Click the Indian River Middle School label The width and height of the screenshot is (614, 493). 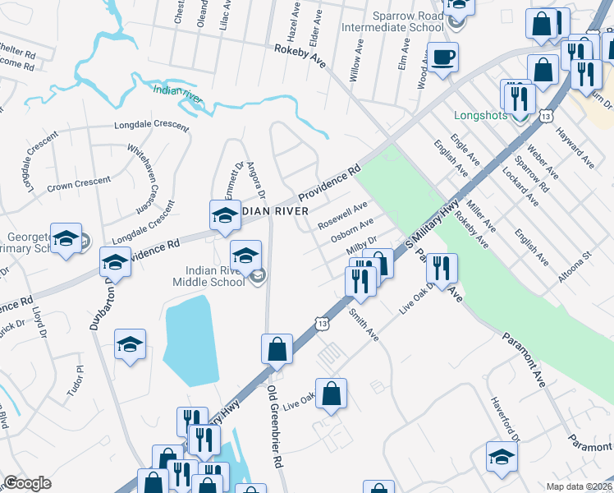coord(211,276)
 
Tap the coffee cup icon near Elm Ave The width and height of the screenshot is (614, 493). coord(442,58)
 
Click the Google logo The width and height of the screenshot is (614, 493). coord(27,482)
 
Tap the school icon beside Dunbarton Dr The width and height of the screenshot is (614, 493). coord(115,262)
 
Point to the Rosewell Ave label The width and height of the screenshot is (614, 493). coord(343,215)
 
